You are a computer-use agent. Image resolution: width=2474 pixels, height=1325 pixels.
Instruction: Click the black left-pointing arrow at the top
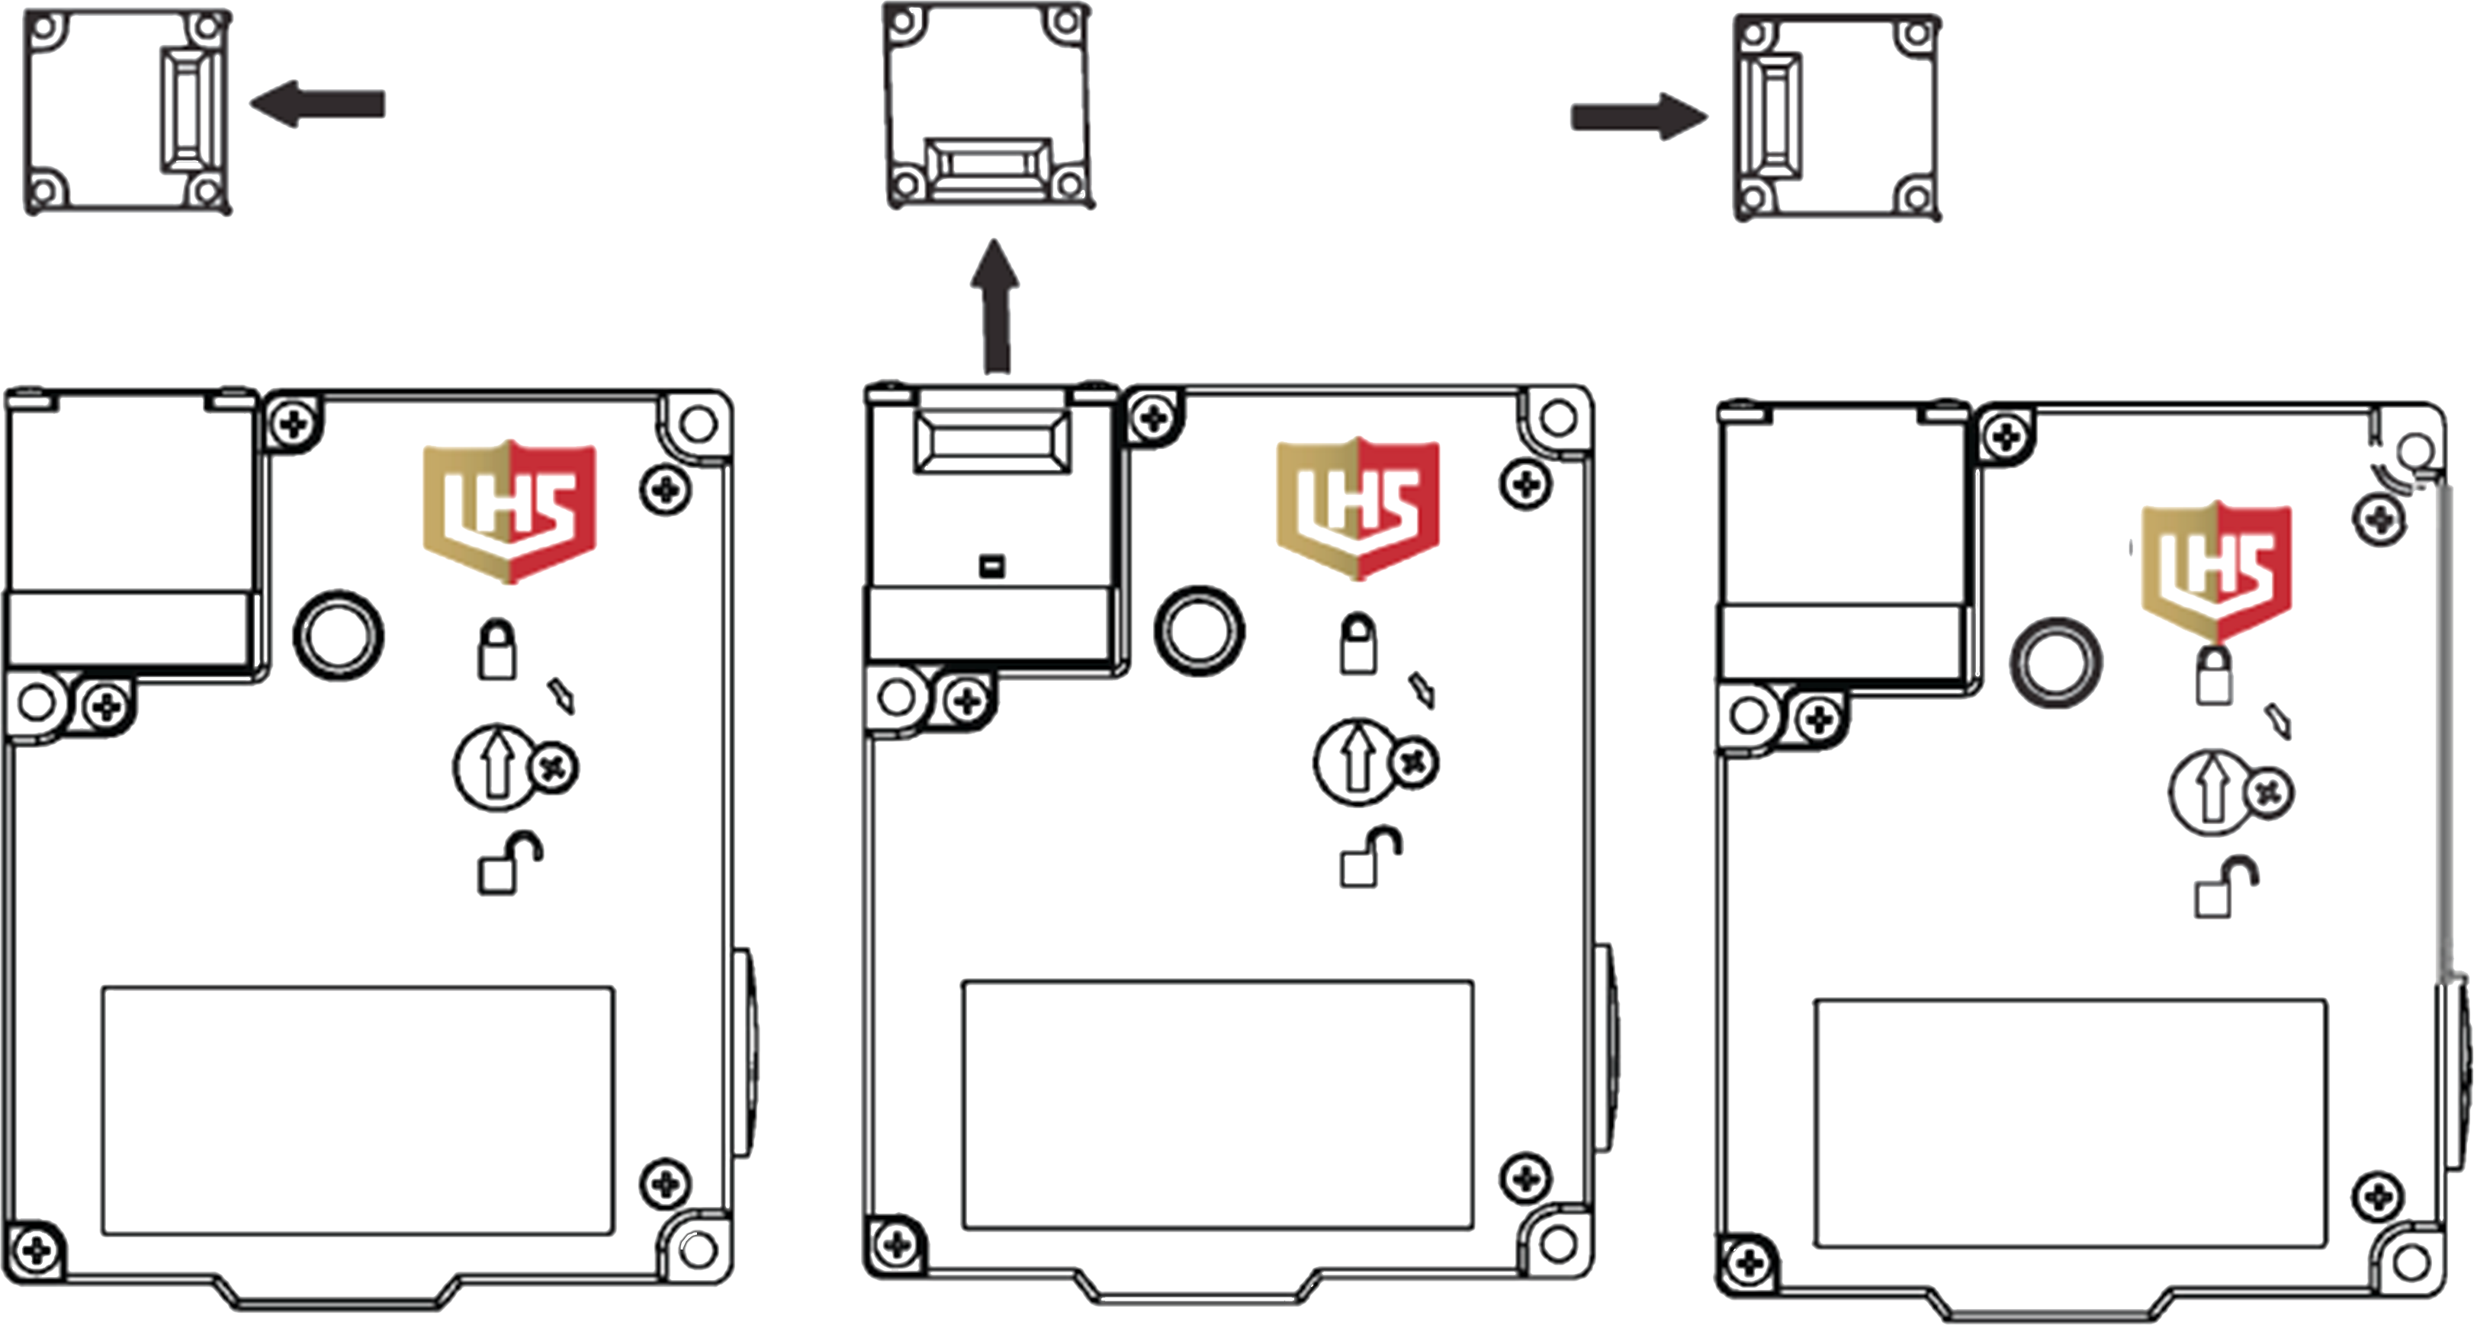pyautogui.click(x=317, y=104)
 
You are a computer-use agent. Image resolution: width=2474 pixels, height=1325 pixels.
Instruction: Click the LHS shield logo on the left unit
pyautogui.click(x=509, y=511)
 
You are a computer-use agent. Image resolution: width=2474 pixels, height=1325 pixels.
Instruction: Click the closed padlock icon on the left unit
pyautogui.click(x=496, y=650)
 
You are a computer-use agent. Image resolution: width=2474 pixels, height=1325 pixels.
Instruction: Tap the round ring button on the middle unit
pyautogui.click(x=1199, y=630)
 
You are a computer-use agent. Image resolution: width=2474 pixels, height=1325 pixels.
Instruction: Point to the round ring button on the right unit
pyautogui.click(x=2055, y=662)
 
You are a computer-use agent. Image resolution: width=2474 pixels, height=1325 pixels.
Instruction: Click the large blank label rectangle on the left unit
pyautogui.click(x=357, y=1109)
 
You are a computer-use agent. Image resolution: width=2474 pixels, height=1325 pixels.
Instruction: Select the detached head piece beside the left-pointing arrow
pyautogui.click(x=127, y=111)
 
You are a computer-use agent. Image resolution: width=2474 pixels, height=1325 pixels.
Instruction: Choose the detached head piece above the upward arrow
pyautogui.click(x=988, y=106)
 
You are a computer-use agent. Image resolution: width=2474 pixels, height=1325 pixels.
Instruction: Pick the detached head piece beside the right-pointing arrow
pyautogui.click(x=1836, y=117)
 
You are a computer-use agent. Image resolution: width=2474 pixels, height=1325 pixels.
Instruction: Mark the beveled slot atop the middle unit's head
pyautogui.click(x=992, y=441)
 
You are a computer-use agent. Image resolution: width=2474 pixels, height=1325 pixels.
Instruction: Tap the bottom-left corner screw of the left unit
pyautogui.click(x=37, y=1250)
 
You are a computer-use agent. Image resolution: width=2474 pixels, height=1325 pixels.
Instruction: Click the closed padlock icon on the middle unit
pyautogui.click(x=1357, y=644)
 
